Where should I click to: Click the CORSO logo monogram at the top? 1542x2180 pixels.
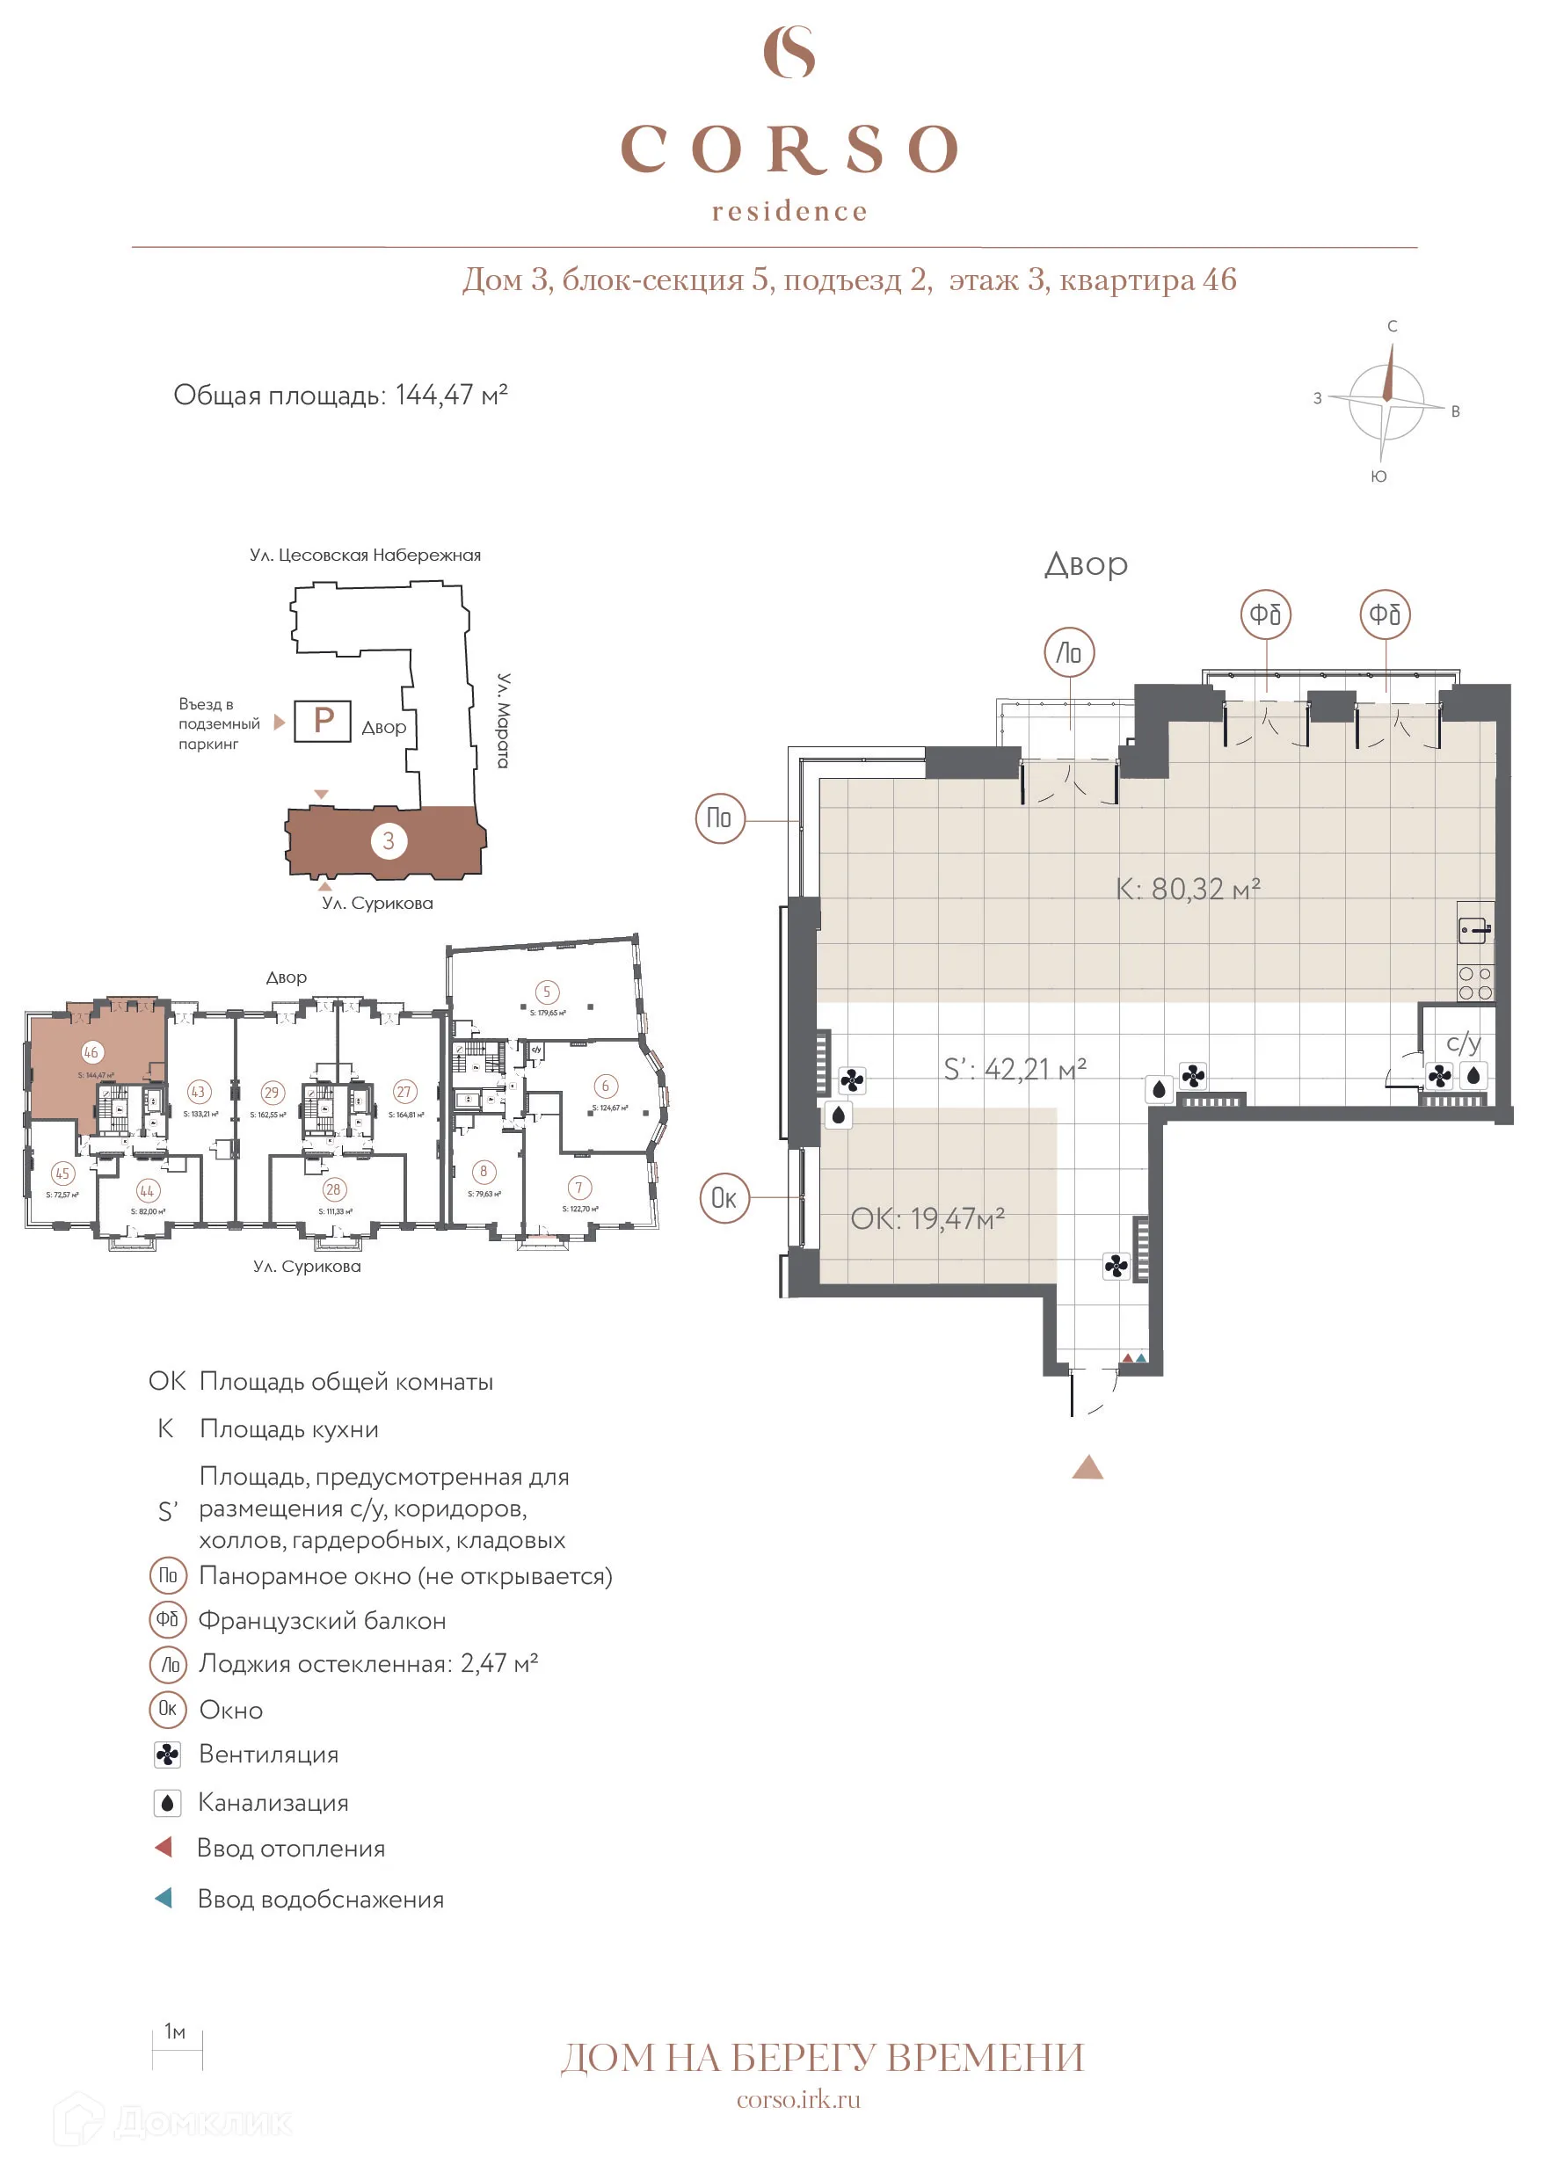coord(789,52)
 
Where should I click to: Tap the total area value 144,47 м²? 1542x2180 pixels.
coord(451,395)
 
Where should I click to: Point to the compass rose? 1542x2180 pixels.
coord(1386,402)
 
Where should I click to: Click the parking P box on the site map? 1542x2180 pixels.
coord(323,721)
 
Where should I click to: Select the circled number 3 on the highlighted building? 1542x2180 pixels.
coord(389,840)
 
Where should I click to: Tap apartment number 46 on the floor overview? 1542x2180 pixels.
coord(91,1052)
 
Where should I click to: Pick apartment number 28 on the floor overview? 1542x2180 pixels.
coord(333,1189)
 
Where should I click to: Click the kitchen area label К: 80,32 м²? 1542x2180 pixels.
coord(1187,890)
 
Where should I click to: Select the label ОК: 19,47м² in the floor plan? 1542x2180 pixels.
coord(927,1219)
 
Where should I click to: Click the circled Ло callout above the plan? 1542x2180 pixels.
coord(1069,652)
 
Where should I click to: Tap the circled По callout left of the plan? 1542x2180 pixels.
coord(720,817)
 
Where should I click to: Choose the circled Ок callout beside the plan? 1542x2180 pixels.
coord(724,1198)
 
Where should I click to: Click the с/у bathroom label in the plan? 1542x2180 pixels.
coord(1463,1043)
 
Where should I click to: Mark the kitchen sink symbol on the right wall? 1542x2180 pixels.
coord(1474,929)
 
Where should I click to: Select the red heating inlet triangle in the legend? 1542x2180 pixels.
coord(164,1847)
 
